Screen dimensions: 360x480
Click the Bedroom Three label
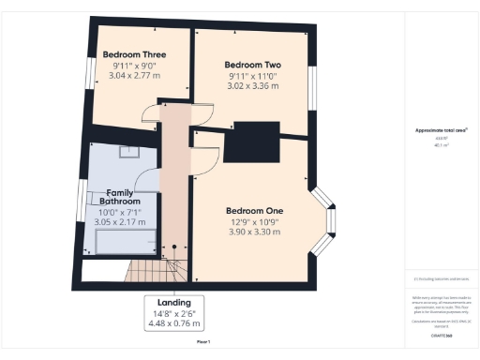point(136,53)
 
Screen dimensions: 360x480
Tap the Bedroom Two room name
point(253,65)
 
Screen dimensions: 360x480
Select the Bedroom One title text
point(255,210)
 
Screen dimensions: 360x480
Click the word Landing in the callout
point(175,303)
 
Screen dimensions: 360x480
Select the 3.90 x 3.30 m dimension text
point(255,232)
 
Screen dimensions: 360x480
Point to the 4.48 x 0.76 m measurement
point(175,324)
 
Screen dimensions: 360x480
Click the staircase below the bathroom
point(150,272)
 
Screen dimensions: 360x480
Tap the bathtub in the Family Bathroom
point(126,243)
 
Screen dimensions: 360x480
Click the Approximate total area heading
point(441,130)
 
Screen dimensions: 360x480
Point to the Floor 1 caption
point(203,342)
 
